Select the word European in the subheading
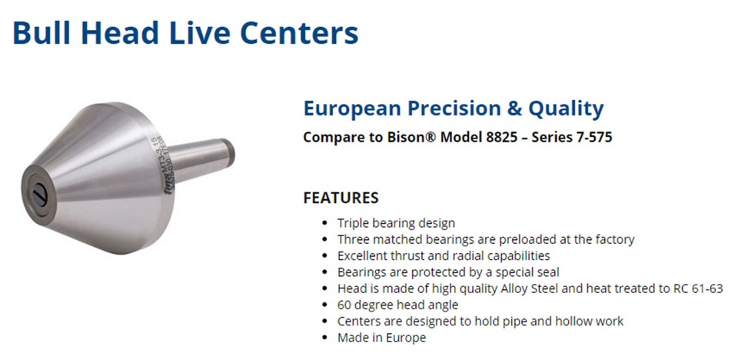pos(350,108)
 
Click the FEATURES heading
pos(341,198)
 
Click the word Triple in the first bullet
pos(354,223)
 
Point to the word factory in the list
pos(613,239)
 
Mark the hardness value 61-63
pos(680,288)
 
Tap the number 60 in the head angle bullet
pos(345,305)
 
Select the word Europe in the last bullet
pos(407,337)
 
